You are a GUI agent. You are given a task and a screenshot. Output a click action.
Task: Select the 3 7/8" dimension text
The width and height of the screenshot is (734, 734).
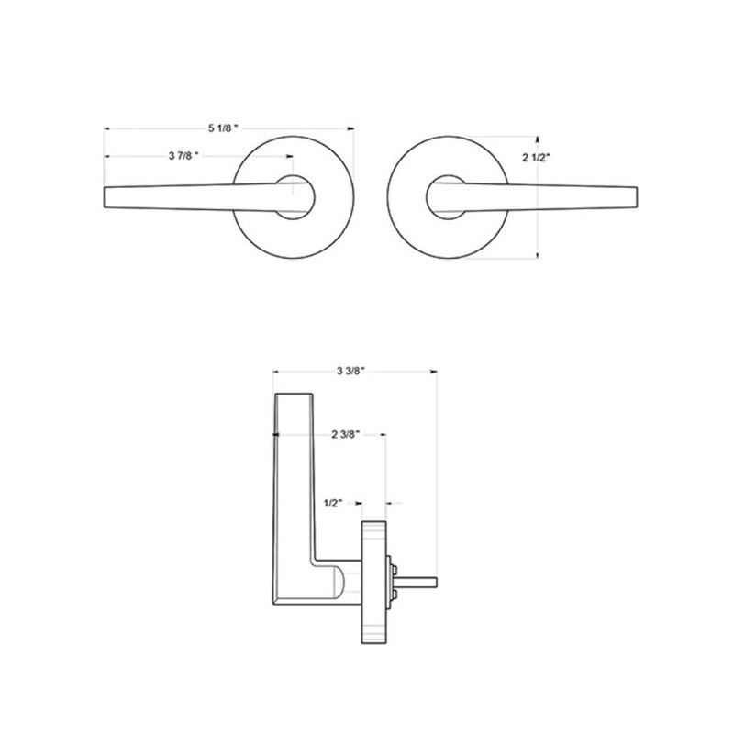[183, 157]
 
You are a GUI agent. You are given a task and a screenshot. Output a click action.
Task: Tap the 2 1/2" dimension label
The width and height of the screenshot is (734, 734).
[537, 158]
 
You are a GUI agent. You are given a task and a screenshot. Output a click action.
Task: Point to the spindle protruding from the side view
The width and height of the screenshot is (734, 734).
[420, 580]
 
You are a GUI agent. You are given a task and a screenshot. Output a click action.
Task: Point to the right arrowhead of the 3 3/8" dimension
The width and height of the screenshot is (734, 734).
[433, 372]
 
